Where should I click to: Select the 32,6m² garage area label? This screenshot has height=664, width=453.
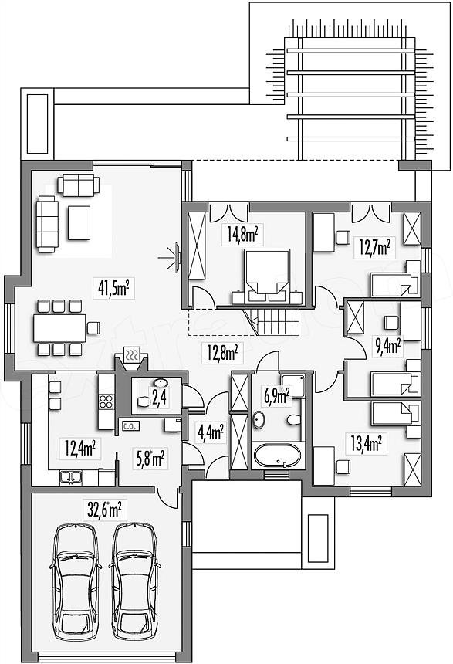coord(104,510)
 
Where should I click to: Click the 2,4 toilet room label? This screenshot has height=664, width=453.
coord(159,398)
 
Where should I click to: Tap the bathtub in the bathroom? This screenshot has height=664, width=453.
coord(277,456)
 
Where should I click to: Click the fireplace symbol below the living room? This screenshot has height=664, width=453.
coord(133,355)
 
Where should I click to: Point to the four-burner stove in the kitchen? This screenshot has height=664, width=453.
coord(106,401)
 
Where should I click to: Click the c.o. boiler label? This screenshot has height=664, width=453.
coord(129,426)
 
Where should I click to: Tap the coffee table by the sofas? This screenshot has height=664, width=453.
coord(79,222)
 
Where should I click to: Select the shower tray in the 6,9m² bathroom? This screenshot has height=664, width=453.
coord(292,386)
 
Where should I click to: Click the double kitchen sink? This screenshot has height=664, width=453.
coord(71,477)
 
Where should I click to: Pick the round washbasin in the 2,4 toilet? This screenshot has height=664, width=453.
coord(161,383)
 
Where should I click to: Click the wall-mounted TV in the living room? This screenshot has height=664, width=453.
coord(178,256)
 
